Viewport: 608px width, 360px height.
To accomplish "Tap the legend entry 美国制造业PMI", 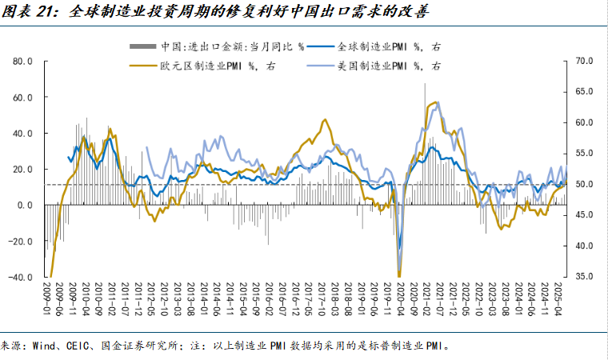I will [381, 66].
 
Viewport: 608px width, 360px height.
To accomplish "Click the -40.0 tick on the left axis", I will [20, 278].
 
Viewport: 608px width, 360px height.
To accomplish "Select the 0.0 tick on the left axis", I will [24, 205].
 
